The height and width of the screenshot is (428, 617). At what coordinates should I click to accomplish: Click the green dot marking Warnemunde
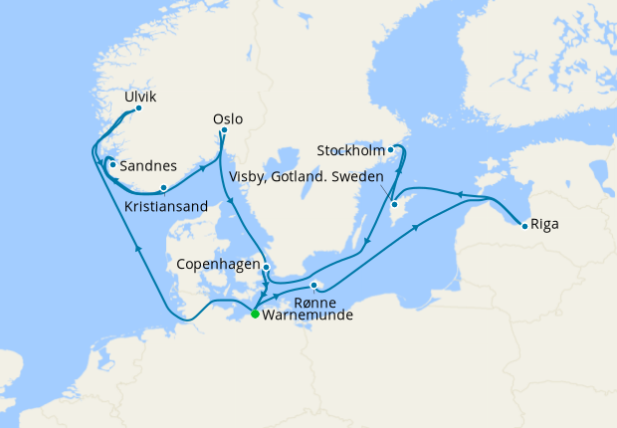click(255, 314)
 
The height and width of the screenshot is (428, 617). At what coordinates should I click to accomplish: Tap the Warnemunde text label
click(308, 316)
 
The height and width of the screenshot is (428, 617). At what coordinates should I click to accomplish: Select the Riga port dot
click(524, 225)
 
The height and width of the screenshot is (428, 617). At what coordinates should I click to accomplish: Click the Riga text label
click(544, 224)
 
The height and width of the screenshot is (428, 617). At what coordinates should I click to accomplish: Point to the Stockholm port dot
click(391, 150)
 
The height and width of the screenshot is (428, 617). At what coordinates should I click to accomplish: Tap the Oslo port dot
click(224, 129)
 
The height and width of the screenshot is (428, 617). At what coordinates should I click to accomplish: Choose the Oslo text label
click(227, 118)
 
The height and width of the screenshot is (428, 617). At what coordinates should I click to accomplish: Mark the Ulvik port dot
click(138, 108)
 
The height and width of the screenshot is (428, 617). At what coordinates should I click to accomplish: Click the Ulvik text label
click(140, 97)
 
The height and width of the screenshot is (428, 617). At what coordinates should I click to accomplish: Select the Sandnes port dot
click(113, 165)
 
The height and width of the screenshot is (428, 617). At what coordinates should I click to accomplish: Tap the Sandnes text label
click(148, 166)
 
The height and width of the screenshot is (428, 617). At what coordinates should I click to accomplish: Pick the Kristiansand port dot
click(163, 187)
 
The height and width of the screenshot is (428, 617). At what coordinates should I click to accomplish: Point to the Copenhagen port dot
click(266, 267)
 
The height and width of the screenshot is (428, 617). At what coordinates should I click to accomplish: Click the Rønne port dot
click(313, 287)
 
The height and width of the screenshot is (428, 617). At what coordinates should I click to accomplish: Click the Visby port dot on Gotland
click(395, 204)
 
